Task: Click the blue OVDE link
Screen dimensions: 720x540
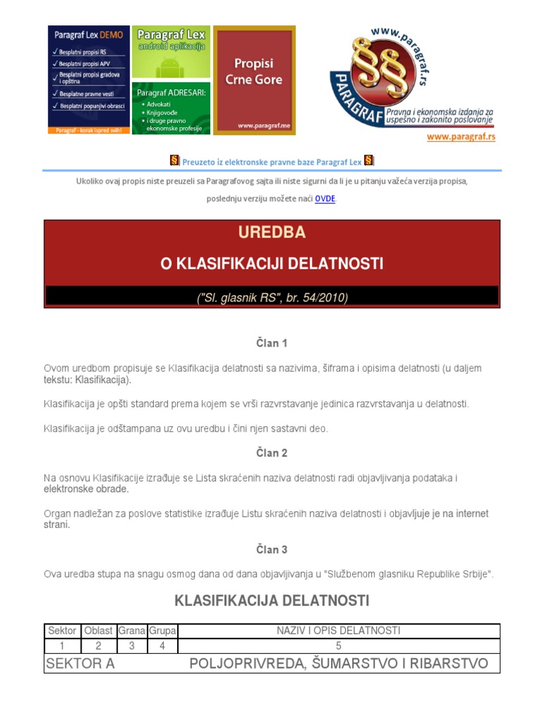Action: pyautogui.click(x=325, y=199)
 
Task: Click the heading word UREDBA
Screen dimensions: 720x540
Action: pyautogui.click(x=271, y=232)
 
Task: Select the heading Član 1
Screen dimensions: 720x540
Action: pyautogui.click(x=271, y=343)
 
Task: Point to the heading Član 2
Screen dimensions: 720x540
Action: pyautogui.click(x=271, y=453)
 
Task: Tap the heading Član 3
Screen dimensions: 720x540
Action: pyautogui.click(x=271, y=549)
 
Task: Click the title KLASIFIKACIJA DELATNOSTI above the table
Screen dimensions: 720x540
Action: pyautogui.click(x=271, y=600)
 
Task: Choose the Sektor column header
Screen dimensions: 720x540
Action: pyautogui.click(x=62, y=631)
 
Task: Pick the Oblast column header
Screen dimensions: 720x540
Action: pyautogui.click(x=98, y=631)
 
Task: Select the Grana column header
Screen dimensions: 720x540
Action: pyautogui.click(x=131, y=631)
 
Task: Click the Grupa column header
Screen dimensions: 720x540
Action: pyautogui.click(x=162, y=631)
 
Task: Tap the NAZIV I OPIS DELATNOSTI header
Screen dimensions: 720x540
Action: pyautogui.click(x=338, y=631)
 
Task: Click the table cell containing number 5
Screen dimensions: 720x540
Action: pyautogui.click(x=338, y=645)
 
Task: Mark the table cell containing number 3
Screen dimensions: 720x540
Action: pyautogui.click(x=131, y=645)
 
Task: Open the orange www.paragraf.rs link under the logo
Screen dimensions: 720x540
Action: pyautogui.click(x=461, y=136)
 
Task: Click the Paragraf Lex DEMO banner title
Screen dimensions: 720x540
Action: pyautogui.click(x=89, y=34)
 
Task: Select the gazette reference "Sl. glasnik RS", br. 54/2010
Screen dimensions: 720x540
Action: pyautogui.click(x=271, y=297)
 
